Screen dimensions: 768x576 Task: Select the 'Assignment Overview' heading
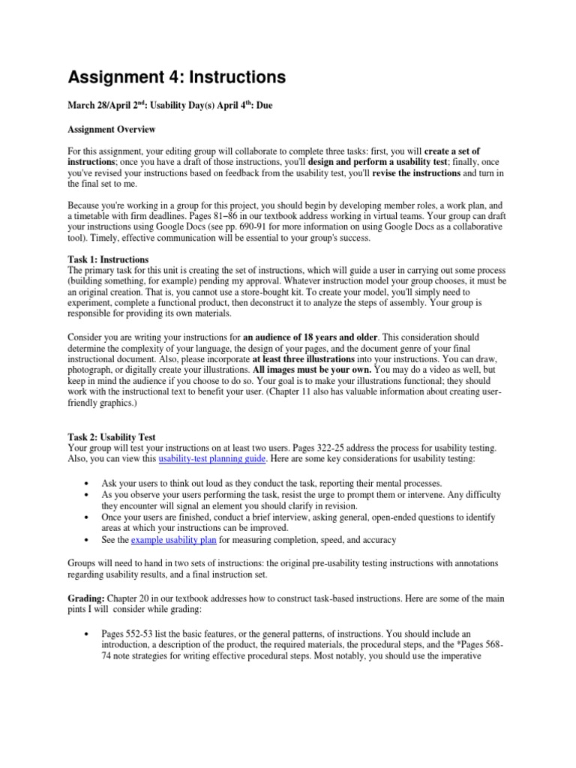(112, 130)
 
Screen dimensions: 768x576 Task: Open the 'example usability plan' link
(174, 539)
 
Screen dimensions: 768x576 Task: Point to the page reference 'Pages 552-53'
(127, 613)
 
